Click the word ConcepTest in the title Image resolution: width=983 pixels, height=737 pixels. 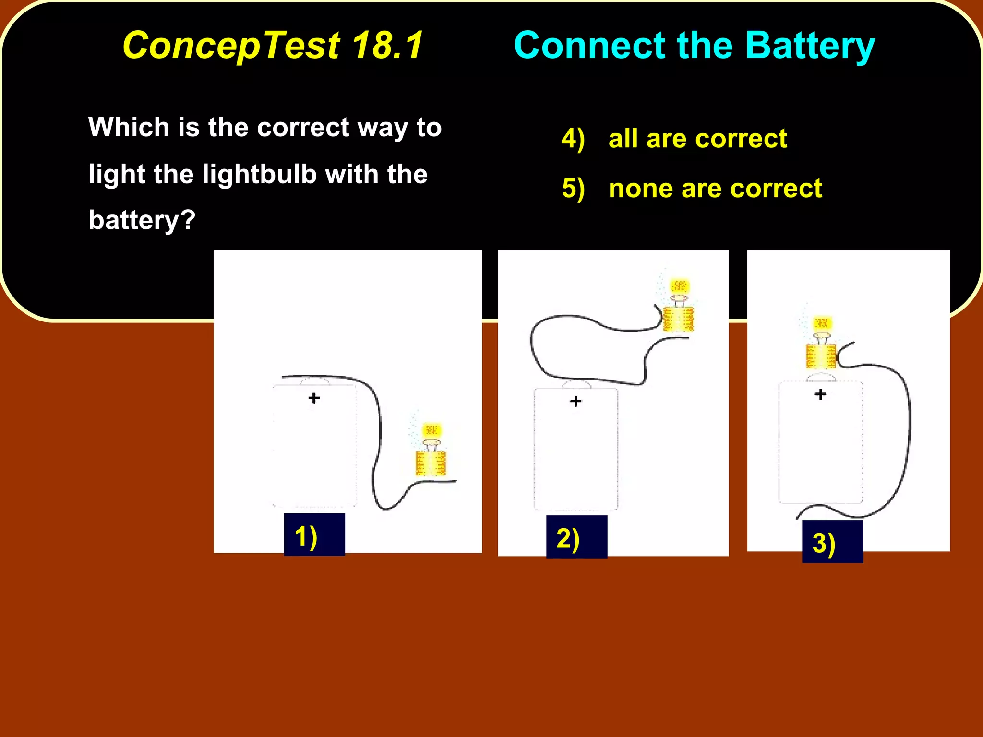(x=231, y=46)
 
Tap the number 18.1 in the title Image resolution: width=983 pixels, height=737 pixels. (x=388, y=46)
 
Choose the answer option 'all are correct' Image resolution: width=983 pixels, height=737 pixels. (x=697, y=139)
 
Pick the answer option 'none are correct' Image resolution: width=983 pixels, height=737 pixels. (x=715, y=188)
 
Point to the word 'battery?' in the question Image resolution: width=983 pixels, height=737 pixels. (x=142, y=220)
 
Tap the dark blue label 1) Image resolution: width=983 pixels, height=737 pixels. (x=314, y=535)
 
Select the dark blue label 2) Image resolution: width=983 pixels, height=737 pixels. (x=576, y=537)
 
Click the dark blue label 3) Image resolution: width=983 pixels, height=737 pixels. (x=832, y=542)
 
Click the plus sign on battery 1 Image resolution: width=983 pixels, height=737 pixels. (x=314, y=398)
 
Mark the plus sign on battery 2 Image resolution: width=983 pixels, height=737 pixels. (x=575, y=401)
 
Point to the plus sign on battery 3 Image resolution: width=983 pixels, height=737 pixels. (x=820, y=394)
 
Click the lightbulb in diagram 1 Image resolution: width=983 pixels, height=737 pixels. (x=431, y=450)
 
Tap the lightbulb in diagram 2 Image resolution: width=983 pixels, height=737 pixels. (x=678, y=306)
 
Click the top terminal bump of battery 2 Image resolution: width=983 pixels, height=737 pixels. (x=576, y=384)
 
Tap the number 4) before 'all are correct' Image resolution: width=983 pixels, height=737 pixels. (x=573, y=139)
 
